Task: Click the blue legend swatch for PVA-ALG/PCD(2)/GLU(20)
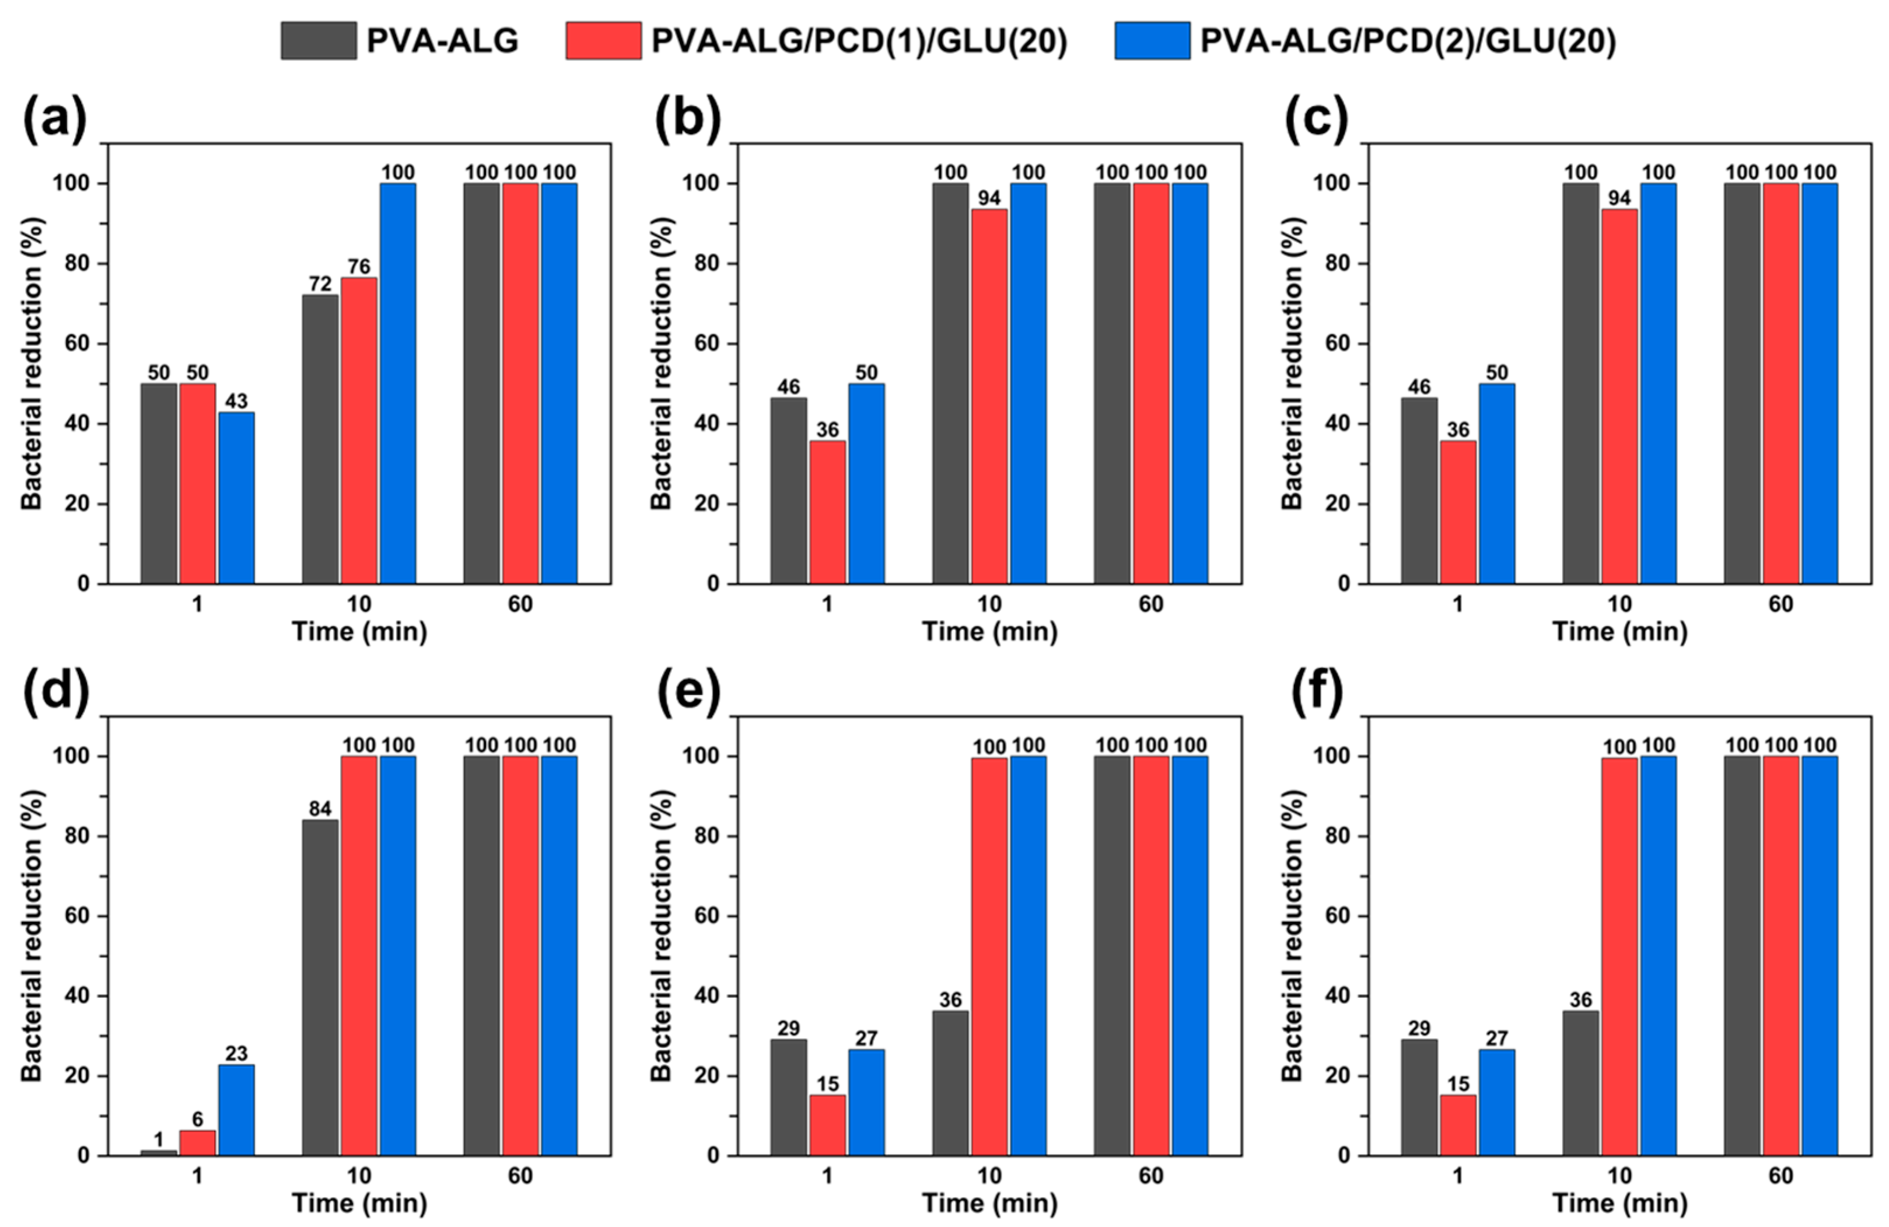coord(1152,40)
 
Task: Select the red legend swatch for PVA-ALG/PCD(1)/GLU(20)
coord(603,40)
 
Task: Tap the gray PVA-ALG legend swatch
coord(319,40)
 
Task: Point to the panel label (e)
coord(687,692)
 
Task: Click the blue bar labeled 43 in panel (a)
coord(236,498)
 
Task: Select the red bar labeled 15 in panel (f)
coord(1458,1125)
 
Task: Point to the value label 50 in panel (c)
coord(1496,372)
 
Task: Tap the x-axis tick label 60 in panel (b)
coord(1151,605)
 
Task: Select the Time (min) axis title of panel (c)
coord(1619,632)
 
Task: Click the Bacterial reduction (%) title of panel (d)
coord(32,936)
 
